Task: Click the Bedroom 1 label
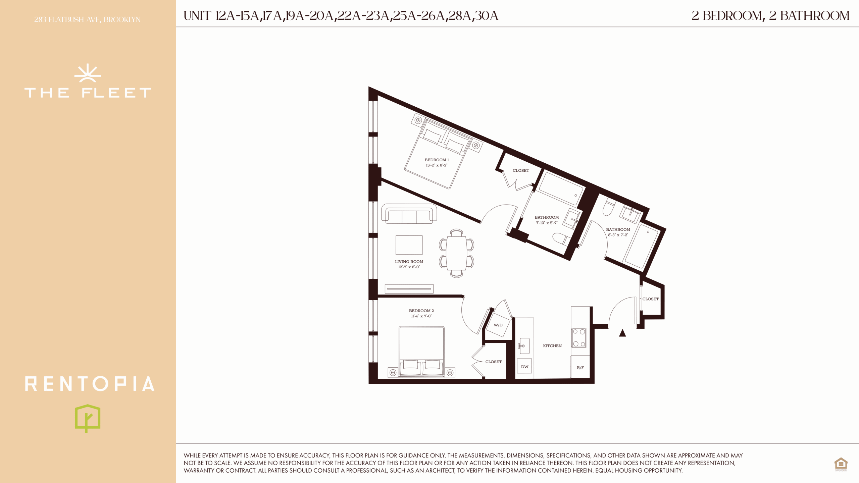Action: pos(437,160)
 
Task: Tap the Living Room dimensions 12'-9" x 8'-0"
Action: pos(409,267)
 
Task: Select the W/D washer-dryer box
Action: pos(498,325)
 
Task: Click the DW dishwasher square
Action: pos(524,367)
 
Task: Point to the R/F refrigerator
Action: pos(580,367)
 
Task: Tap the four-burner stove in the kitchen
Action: pos(579,337)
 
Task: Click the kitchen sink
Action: pos(524,346)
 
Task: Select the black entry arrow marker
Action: pos(622,333)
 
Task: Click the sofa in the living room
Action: pos(409,214)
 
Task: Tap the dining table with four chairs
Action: pos(456,253)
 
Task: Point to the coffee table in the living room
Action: pos(409,245)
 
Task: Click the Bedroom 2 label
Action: pos(421,311)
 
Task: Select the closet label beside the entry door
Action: pos(651,299)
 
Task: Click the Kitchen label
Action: pos(552,346)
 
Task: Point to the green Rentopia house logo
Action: pos(88,418)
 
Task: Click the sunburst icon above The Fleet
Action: pos(88,73)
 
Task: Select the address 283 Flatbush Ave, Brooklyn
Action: pos(87,20)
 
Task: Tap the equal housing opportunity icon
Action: pos(841,464)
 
